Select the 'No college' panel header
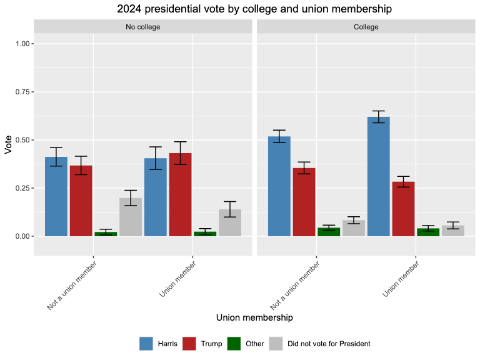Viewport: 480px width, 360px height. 143,27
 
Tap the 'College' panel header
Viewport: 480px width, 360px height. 366,27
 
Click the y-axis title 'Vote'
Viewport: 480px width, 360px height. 9,144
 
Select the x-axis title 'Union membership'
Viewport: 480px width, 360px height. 254,317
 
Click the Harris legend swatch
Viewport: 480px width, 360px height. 146,343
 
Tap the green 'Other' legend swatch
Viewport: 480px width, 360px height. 232,343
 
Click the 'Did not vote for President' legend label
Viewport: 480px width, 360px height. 329,343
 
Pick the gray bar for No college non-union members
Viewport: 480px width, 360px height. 131,217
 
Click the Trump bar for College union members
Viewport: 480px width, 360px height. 403,209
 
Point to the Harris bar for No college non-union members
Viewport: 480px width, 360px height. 56,197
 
